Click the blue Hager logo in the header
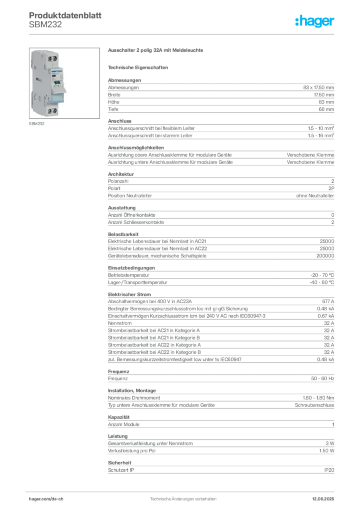click(315, 22)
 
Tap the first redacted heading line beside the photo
click(156, 51)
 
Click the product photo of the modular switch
click(64, 83)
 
